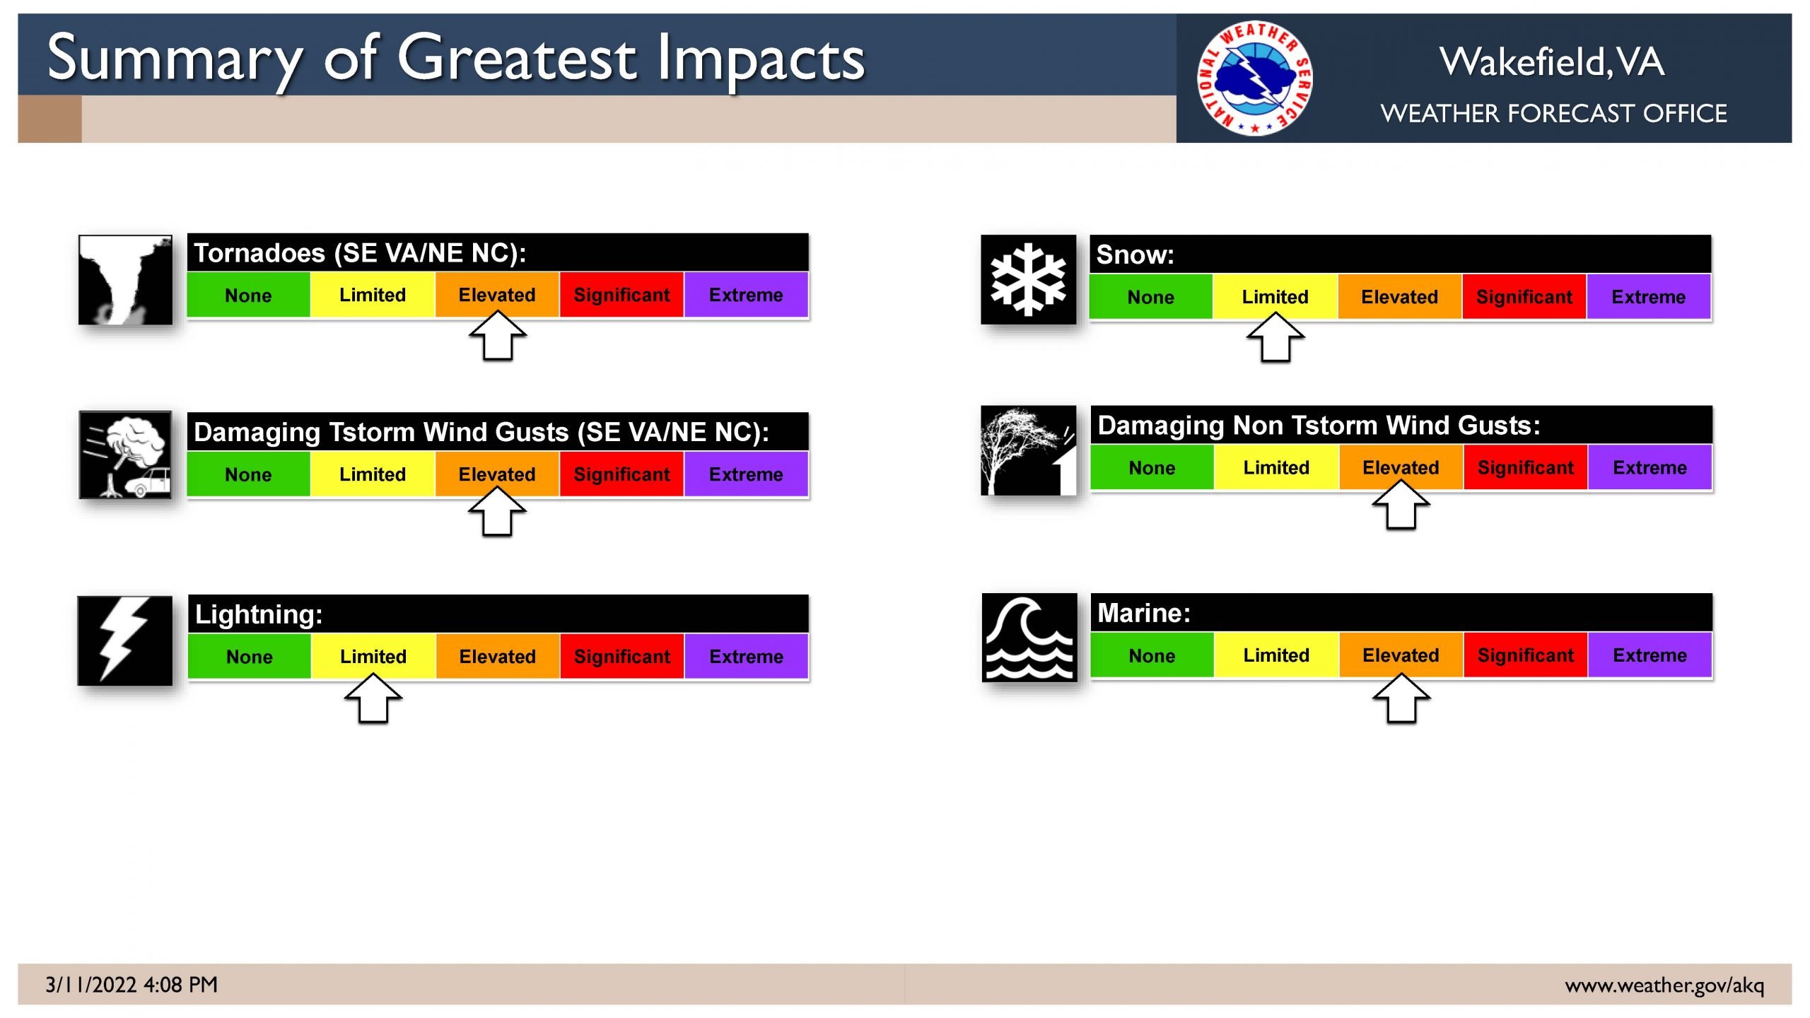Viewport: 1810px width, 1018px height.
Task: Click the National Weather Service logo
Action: [x=1255, y=78]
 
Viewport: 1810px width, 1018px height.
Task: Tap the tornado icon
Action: [x=125, y=280]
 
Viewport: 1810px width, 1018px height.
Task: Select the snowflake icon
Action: [x=1028, y=279]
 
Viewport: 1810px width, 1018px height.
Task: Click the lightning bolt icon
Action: [x=124, y=640]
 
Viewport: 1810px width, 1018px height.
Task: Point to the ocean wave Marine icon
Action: [x=1029, y=638]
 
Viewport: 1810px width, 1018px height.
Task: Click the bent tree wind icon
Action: [x=1029, y=450]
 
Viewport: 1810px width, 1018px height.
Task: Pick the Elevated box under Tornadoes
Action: [x=497, y=295]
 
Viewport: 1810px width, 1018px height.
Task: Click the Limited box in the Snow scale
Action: [x=1275, y=297]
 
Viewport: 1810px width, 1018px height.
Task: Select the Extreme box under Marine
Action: [x=1650, y=655]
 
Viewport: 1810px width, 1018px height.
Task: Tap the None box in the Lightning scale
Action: [x=249, y=657]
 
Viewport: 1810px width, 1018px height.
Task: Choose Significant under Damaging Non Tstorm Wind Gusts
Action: [x=1525, y=468]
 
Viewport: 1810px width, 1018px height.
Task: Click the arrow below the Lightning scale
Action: [x=373, y=698]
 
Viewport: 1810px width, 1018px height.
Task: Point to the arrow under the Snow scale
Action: [x=1275, y=337]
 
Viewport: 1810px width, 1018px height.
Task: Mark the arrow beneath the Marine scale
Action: [x=1401, y=698]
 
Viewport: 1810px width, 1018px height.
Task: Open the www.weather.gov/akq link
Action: [x=1664, y=985]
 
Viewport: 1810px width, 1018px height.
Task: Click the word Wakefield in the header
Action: [x=1525, y=62]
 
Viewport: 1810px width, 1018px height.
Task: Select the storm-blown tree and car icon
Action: [x=125, y=455]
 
